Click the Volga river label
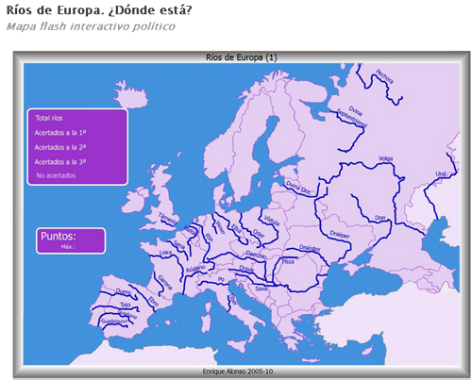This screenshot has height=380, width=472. (385, 157)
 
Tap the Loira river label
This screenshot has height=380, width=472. (166, 253)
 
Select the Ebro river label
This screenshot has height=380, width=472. (154, 300)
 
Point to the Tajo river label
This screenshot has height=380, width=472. (126, 306)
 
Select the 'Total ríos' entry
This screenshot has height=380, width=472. (49, 119)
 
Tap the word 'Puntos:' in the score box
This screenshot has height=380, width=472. (59, 236)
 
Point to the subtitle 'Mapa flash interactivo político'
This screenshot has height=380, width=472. (91, 25)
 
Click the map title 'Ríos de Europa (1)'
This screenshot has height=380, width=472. (242, 58)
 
